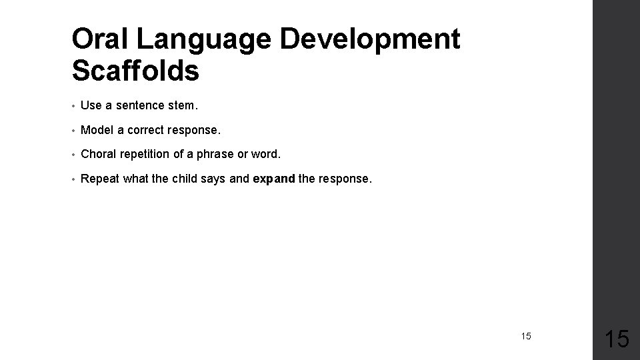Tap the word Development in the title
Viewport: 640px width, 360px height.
(370, 40)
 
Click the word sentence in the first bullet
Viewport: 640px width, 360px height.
(138, 105)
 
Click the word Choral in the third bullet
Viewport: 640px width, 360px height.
(98, 154)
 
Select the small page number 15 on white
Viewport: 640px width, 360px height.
(526, 336)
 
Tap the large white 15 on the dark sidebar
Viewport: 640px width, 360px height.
(616, 339)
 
